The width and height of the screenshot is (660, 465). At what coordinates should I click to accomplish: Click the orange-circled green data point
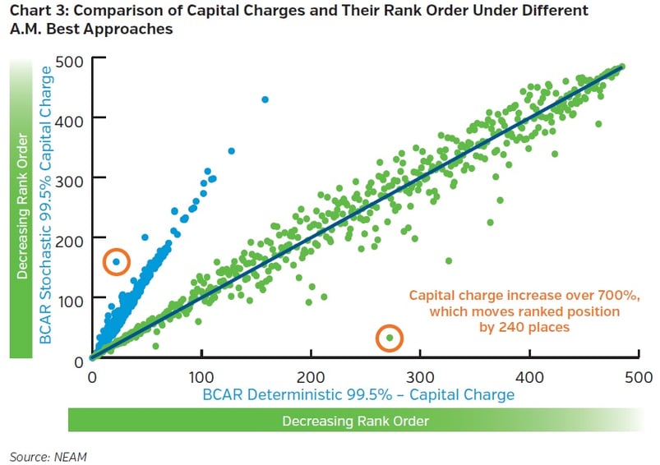[390, 338]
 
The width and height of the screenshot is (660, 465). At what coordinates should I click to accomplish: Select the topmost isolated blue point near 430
[265, 99]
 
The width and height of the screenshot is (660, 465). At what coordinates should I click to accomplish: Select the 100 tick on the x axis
[201, 376]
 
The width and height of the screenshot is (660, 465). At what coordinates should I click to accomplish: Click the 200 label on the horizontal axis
[311, 376]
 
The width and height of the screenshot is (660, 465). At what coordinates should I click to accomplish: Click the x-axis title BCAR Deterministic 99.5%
[360, 395]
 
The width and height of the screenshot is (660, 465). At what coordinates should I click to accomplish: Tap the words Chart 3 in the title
[38, 12]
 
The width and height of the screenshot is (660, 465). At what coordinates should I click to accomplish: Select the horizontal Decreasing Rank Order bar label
[355, 421]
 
